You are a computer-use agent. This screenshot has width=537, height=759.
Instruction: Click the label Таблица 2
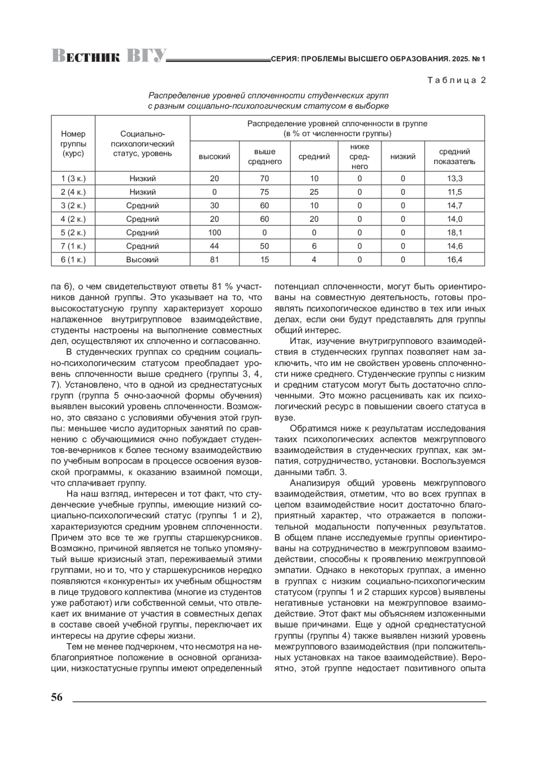point(456,81)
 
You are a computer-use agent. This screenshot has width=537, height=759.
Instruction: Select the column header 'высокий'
point(214,157)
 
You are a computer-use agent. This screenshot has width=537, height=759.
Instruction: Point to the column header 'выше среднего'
point(265,157)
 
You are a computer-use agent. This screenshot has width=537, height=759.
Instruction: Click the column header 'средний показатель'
point(454,157)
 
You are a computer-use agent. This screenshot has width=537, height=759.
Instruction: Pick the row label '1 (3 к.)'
point(73,178)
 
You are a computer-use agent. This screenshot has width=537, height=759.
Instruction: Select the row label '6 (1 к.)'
point(73,259)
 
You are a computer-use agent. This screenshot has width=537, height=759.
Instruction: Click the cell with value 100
point(214,233)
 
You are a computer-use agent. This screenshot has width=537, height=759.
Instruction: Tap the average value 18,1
point(454,233)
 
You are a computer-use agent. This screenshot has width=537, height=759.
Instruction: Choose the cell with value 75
point(265,192)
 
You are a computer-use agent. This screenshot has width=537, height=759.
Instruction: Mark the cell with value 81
point(214,259)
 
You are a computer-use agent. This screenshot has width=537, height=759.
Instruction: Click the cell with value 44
point(214,246)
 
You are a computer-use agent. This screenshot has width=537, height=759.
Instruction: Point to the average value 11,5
point(454,192)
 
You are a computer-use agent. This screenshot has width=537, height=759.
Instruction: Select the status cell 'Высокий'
point(142,259)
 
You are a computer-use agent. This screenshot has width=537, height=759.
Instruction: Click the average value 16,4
point(454,259)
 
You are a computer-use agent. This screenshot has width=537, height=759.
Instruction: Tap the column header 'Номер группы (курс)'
point(73,143)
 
